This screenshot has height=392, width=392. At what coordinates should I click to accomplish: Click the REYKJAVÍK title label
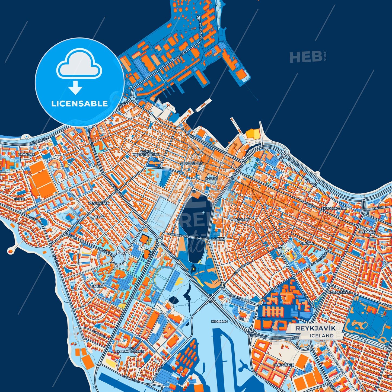pyautogui.click(x=315, y=328)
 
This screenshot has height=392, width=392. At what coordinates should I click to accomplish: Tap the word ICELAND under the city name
pyautogui.click(x=321, y=336)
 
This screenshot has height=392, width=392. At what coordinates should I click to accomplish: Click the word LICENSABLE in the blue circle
pyautogui.click(x=79, y=104)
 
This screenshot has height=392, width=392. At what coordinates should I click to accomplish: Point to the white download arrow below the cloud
pyautogui.click(x=75, y=87)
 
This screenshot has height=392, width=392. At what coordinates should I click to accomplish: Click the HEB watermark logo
pyautogui.click(x=306, y=57)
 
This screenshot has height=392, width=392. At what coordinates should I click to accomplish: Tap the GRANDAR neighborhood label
pyautogui.click(x=26, y=154)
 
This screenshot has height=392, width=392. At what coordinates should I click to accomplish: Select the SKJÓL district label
pyautogui.click(x=19, y=199)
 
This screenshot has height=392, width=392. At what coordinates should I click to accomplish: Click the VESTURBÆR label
pyautogui.click(x=99, y=203)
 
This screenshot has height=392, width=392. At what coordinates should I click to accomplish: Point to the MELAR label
pyautogui.click(x=99, y=217)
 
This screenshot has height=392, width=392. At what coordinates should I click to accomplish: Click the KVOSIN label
pyautogui.click(x=211, y=179)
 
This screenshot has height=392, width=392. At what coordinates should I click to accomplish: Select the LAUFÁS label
pyautogui.click(x=218, y=239)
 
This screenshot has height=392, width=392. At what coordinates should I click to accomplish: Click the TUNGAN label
pyautogui.click(x=307, y=243)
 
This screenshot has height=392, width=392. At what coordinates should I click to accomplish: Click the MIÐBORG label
pyautogui.click(x=219, y=321)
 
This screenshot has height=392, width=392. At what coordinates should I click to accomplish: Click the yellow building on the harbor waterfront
pyautogui.click(x=253, y=134)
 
